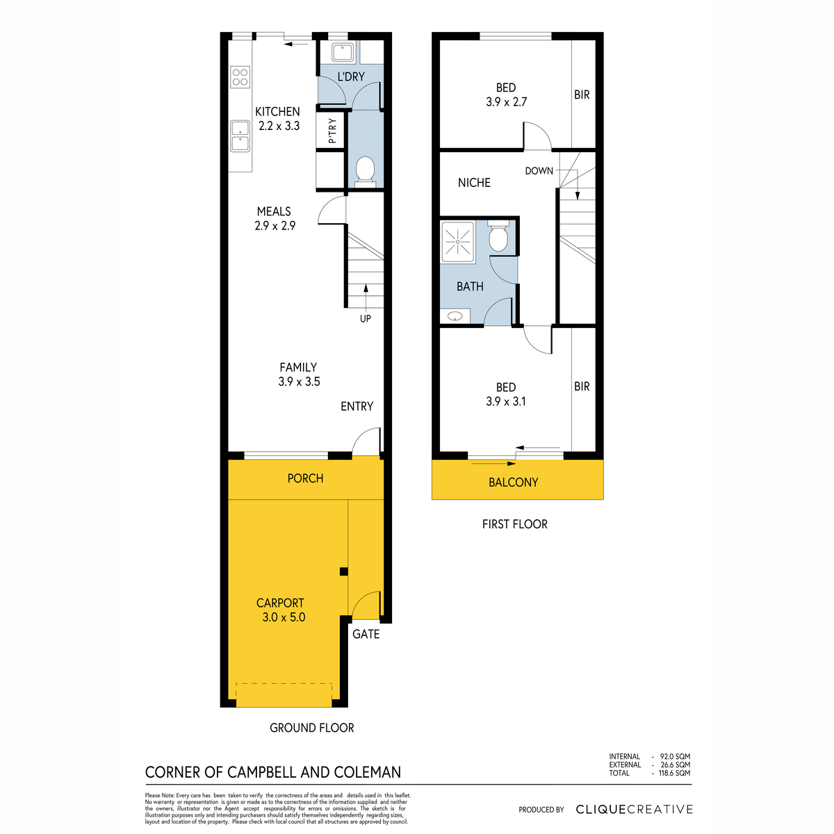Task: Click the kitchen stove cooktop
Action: pos(240,77)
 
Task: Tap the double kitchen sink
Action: pos(240,136)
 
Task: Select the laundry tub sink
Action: pos(343,52)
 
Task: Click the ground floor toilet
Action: pos(366,172)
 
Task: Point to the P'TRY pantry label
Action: pos(332,131)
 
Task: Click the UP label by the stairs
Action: pos(366,318)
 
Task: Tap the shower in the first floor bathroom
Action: pos(457,242)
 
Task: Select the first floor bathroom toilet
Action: pos(498,235)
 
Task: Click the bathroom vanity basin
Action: pos(455,316)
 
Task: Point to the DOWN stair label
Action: pos(539,171)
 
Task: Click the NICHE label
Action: pos(474,183)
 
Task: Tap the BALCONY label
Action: pos(513,482)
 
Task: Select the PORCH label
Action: pos(305,478)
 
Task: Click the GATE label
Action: pos(366,634)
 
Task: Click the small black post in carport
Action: pos(343,571)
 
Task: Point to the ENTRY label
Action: pos(357,406)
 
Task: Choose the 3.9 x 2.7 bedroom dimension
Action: pos(506,101)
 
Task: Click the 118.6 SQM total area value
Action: pos(674,773)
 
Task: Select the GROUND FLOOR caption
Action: pos(311,728)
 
